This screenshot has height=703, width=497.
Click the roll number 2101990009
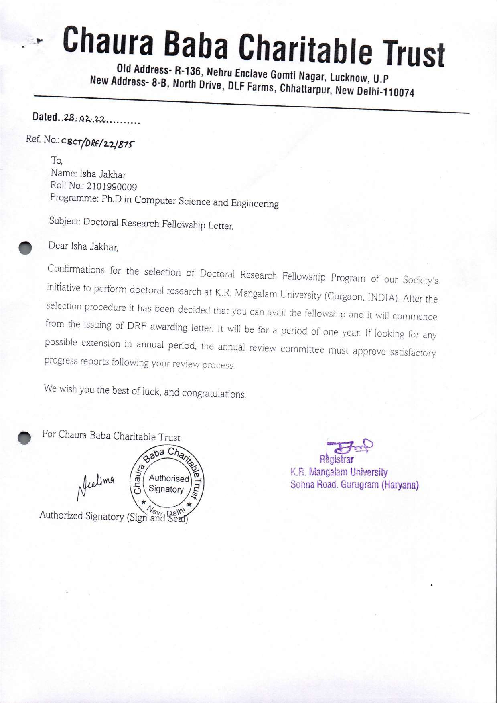point(112,186)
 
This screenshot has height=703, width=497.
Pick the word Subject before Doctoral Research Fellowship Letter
point(65,221)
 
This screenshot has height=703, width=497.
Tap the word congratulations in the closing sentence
point(214,393)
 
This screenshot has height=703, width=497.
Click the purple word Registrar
point(336,459)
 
